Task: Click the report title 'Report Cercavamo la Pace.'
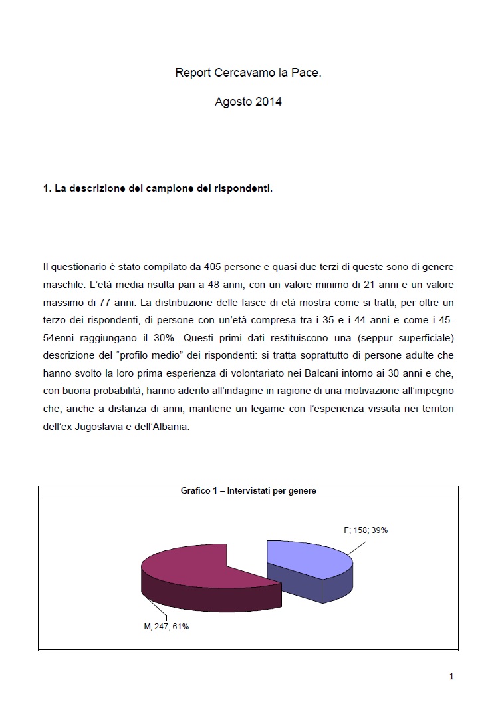point(248,73)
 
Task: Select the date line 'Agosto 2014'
point(248,102)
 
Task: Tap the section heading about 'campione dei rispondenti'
point(158,188)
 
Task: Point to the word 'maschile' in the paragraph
point(63,284)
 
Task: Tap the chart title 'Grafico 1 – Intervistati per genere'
point(248,491)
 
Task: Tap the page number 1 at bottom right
point(451,677)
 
